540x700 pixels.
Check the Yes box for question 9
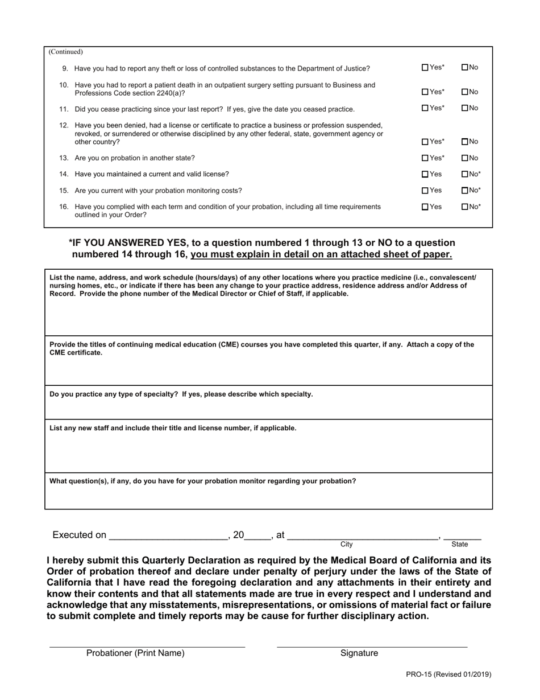(x=425, y=68)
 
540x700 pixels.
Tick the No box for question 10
(x=465, y=92)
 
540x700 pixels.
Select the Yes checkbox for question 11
(x=425, y=108)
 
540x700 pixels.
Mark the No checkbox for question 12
(x=465, y=142)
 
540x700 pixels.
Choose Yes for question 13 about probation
(x=425, y=158)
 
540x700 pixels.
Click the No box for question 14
(x=465, y=174)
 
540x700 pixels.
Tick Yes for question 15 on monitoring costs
(x=425, y=191)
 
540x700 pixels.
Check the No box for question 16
(x=465, y=207)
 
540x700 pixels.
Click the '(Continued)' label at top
(x=66, y=52)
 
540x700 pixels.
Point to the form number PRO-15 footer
(x=448, y=674)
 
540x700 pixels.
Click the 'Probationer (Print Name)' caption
(x=135, y=653)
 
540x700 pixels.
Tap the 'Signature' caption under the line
(x=359, y=653)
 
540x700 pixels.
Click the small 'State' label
(x=459, y=545)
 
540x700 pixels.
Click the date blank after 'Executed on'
(x=168, y=535)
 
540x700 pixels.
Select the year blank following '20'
(x=257, y=535)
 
